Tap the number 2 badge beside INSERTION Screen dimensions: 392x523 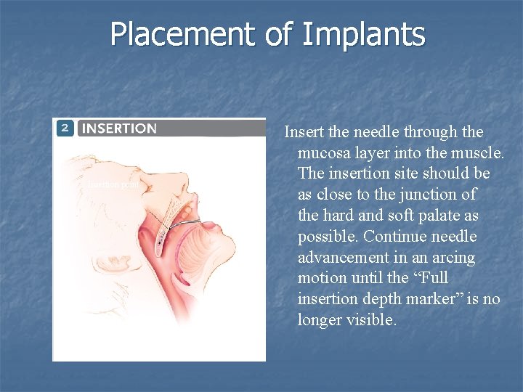pyautogui.click(x=65, y=128)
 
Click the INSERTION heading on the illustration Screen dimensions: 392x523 pyautogui.click(x=119, y=128)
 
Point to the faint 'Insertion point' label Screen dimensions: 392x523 pyautogui.click(x=113, y=184)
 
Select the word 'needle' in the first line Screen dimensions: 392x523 pyautogui.click(x=376, y=132)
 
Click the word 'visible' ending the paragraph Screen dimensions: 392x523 pyautogui.click(x=371, y=320)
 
